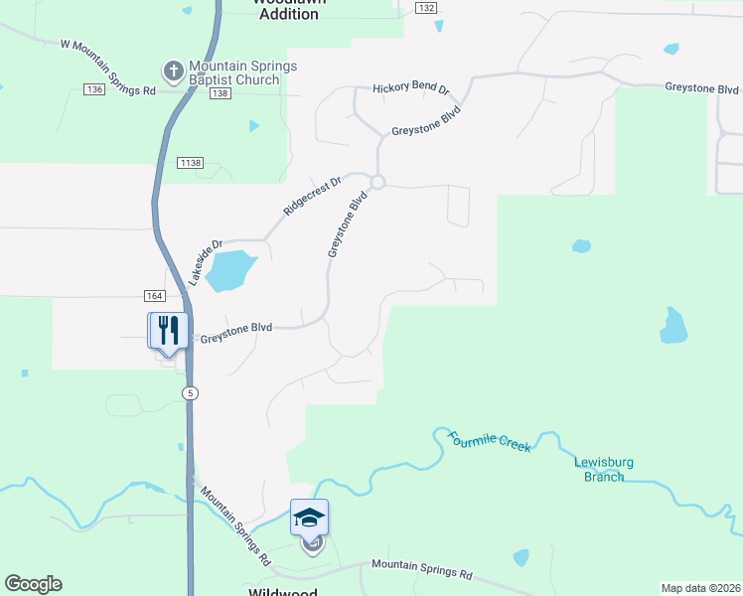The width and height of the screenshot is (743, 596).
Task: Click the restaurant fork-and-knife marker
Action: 168,330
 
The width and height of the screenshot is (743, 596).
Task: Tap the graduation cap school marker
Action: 309,517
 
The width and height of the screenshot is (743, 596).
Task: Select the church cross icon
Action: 173,71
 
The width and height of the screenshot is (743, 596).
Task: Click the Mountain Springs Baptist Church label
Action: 242,73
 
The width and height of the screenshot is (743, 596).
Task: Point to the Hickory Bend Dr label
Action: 410,88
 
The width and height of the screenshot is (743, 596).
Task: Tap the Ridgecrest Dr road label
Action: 311,196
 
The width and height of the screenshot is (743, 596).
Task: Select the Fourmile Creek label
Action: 489,442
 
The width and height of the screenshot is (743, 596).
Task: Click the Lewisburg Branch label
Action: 604,469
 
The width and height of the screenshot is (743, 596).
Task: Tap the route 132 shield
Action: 426,8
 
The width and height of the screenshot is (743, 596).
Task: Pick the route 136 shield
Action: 95,89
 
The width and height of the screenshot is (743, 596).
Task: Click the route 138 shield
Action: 221,93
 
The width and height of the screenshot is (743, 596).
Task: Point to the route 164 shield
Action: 153,296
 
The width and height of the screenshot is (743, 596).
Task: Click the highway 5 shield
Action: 189,392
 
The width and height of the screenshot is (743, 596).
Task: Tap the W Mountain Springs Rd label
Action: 108,68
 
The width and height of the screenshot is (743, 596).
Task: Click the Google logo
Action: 33,584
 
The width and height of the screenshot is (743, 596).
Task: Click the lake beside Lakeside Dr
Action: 231,270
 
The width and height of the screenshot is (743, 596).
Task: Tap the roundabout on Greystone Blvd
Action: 377,182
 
